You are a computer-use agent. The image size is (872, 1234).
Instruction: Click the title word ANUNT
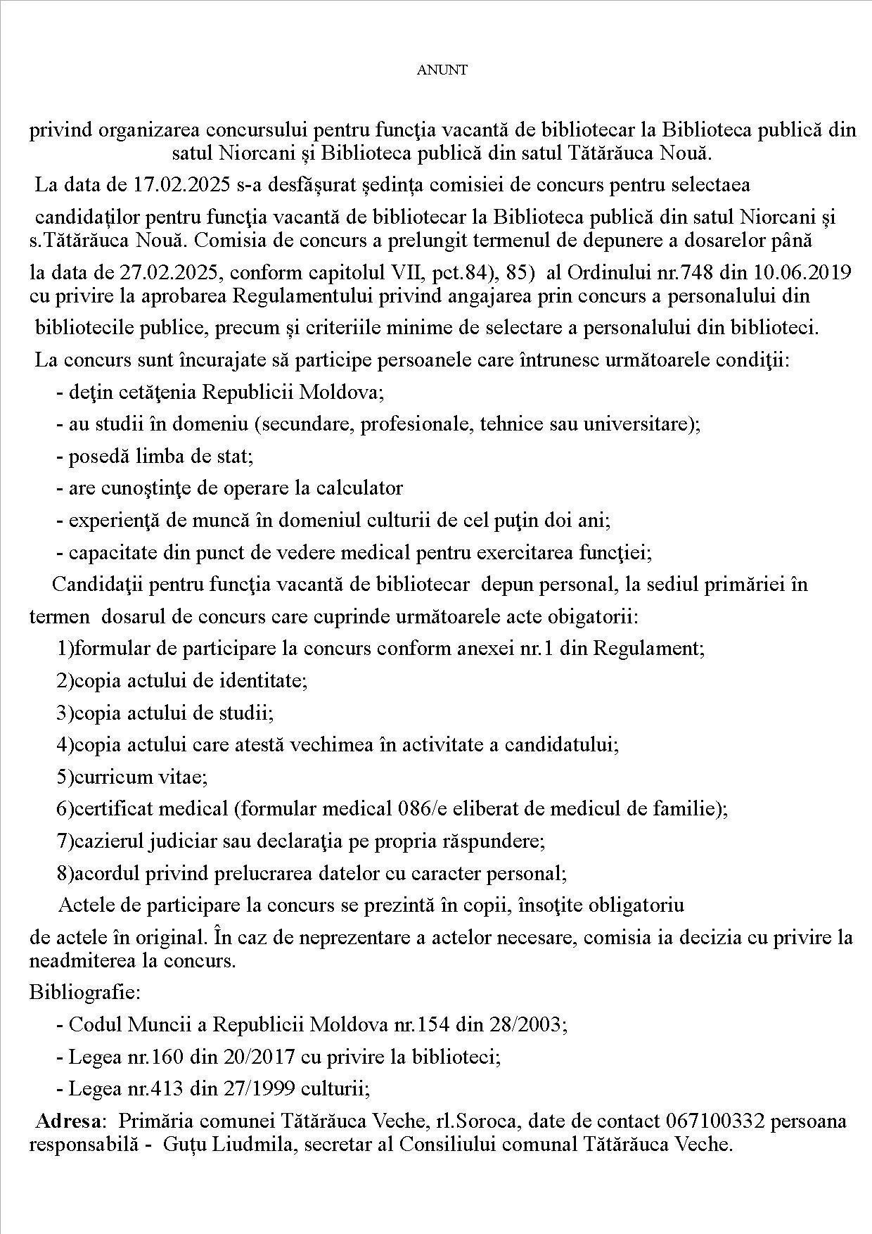click(x=442, y=70)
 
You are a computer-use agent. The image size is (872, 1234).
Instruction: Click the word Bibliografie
click(x=85, y=992)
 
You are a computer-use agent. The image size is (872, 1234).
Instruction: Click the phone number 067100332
click(x=714, y=1120)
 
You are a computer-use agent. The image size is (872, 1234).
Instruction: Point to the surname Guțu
click(x=180, y=1144)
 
